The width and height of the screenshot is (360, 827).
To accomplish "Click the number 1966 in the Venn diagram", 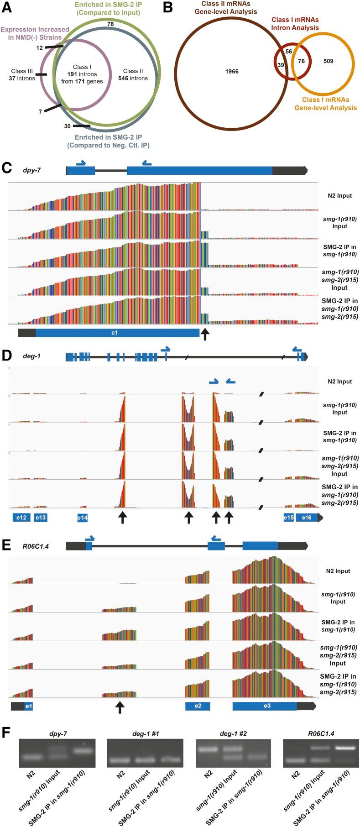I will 232,71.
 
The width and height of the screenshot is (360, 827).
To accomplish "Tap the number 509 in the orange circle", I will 328,61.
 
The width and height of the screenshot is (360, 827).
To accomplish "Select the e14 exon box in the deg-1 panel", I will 82,518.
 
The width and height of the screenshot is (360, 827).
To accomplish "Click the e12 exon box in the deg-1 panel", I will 21,518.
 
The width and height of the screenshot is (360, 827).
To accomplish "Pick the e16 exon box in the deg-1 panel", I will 307,518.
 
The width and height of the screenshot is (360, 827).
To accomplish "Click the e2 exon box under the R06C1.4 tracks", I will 198,706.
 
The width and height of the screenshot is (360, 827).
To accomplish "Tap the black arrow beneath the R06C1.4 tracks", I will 120,707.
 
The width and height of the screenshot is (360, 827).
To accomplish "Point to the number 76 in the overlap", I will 301,61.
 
